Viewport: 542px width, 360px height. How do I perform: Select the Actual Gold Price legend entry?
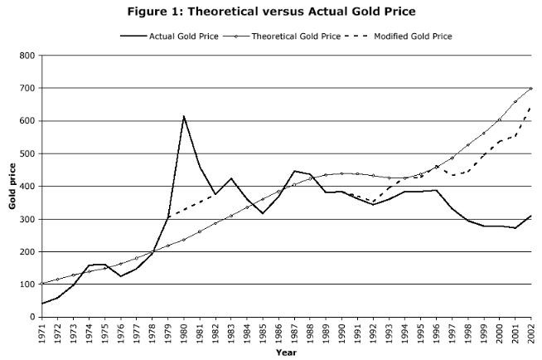pos(178,36)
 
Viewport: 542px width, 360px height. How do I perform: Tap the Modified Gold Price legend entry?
pos(413,36)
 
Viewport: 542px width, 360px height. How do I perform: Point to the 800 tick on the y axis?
pos(27,56)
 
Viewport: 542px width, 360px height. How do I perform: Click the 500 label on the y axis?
pos(27,153)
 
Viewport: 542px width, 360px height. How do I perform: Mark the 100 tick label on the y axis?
pos(27,285)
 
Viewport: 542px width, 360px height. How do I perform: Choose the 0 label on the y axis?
pos(31,317)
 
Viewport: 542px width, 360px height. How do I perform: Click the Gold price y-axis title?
pos(12,187)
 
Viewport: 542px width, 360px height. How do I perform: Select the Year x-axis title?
pos(286,352)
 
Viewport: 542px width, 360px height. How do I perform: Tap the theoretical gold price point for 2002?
pos(530,89)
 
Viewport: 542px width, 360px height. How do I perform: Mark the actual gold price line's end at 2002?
pos(530,216)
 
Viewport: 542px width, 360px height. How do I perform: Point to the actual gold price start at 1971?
pos(42,304)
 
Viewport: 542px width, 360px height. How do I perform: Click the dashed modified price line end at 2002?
pos(530,107)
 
